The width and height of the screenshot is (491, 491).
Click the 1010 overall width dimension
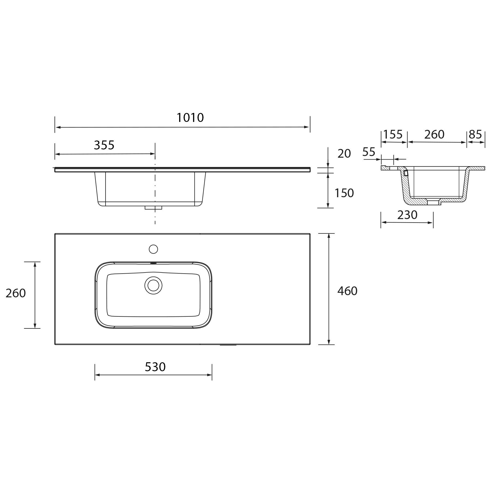pos(190,118)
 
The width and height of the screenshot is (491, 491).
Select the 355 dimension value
pos(104,145)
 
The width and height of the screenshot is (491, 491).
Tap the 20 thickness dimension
pos(344,154)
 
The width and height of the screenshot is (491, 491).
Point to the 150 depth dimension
pos(344,193)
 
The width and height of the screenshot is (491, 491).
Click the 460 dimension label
pos(347,291)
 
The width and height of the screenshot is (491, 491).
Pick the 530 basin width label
pos(155,367)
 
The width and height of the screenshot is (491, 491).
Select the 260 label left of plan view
pos(16,293)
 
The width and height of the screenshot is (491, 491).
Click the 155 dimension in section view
pos(393,134)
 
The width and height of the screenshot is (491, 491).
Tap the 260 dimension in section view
pos(434,134)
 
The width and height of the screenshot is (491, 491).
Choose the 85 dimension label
pos(475,134)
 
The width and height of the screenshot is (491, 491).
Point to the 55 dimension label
pos(369,152)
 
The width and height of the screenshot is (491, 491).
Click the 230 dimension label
pos(407,215)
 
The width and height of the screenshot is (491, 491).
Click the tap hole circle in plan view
pos(153,249)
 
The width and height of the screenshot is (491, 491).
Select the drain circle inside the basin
pos(153,285)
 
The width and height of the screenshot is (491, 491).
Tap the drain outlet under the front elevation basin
pos(153,208)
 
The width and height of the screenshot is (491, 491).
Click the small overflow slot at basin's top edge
pos(153,263)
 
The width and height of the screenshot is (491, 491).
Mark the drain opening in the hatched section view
pos(433,202)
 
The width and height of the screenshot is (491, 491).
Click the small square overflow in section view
pos(406,173)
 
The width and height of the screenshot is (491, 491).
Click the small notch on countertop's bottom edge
pos(228,345)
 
